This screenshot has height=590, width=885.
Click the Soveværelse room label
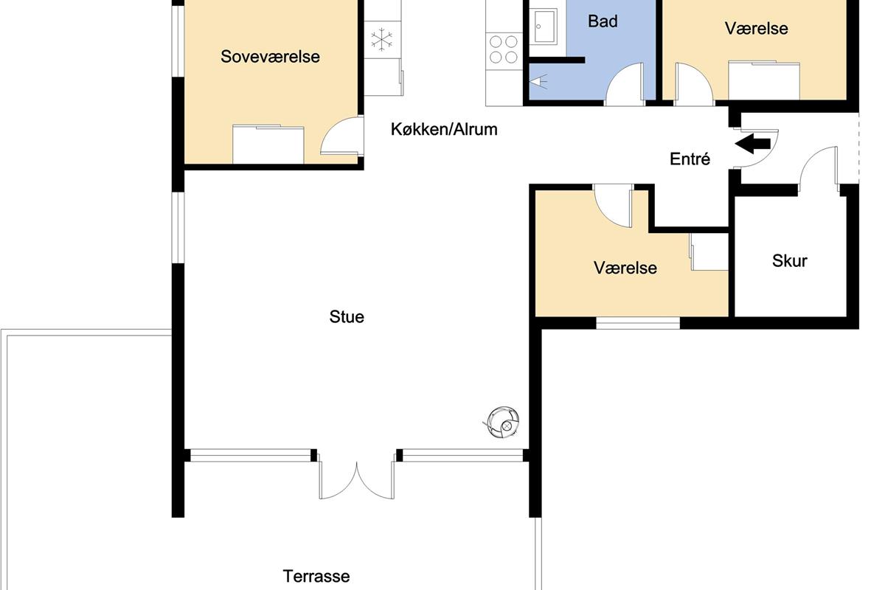pyautogui.click(x=270, y=57)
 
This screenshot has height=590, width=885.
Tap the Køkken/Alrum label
pyautogui.click(x=444, y=129)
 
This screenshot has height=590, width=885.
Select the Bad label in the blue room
pyautogui.click(x=603, y=21)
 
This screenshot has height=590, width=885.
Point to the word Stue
pyautogui.click(x=347, y=316)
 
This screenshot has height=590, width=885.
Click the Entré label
pyautogui.click(x=690, y=159)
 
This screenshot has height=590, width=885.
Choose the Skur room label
pyautogui.click(x=789, y=261)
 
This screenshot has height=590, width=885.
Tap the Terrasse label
pyautogui.click(x=316, y=576)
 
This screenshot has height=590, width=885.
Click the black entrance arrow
pyautogui.click(x=752, y=144)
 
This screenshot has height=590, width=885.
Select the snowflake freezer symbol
pyautogui.click(x=382, y=39)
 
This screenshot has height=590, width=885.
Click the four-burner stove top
pyautogui.click(x=504, y=49)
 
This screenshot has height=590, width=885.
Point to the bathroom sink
pyautogui.click(x=544, y=27)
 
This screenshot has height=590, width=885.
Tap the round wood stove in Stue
pyautogui.click(x=502, y=423)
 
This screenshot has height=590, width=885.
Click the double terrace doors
pyautogui.click(x=356, y=476)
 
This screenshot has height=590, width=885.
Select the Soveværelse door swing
pyautogui.click(x=341, y=136)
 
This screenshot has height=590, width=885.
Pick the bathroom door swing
pyautogui.click(x=624, y=84)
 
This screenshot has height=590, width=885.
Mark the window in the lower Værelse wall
pyautogui.click(x=638, y=323)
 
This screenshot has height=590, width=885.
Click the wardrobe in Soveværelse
pyautogui.click(x=268, y=145)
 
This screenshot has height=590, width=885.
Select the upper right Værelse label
pyautogui.click(x=756, y=29)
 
